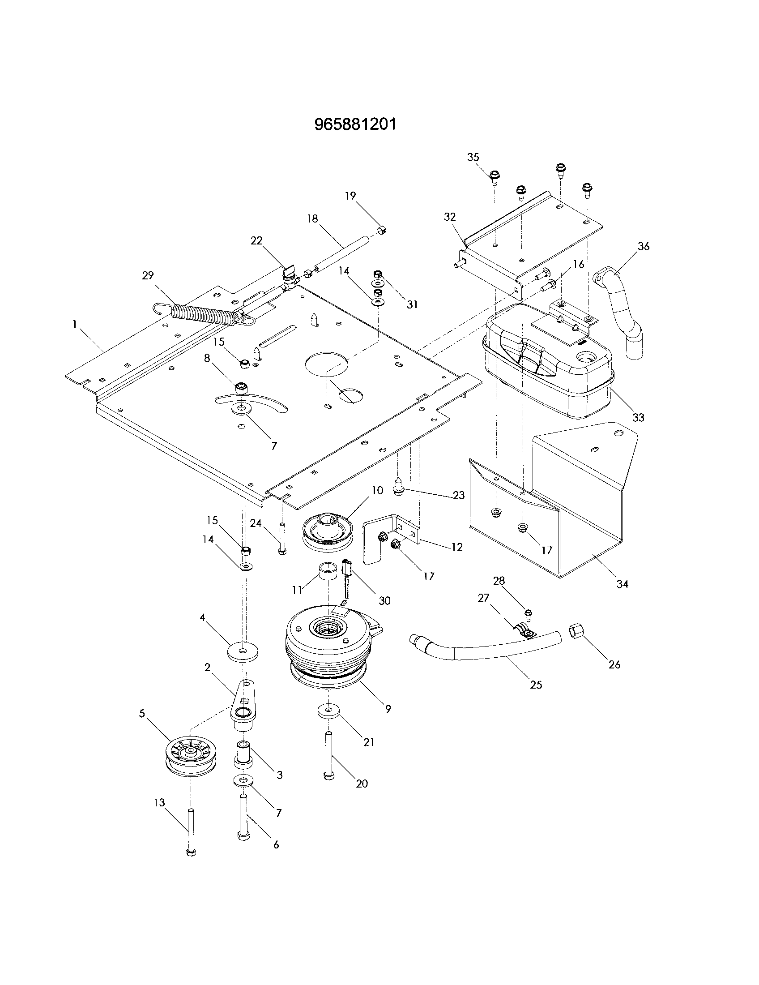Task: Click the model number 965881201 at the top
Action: pyautogui.click(x=356, y=124)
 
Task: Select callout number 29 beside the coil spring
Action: pyautogui.click(x=148, y=275)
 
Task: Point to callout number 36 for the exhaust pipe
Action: pyautogui.click(x=644, y=247)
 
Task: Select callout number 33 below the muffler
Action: pyautogui.click(x=638, y=417)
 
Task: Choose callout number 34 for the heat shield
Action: pyautogui.click(x=622, y=583)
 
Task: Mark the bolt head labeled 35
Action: pyautogui.click(x=495, y=176)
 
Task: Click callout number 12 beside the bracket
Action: pyautogui.click(x=456, y=547)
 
